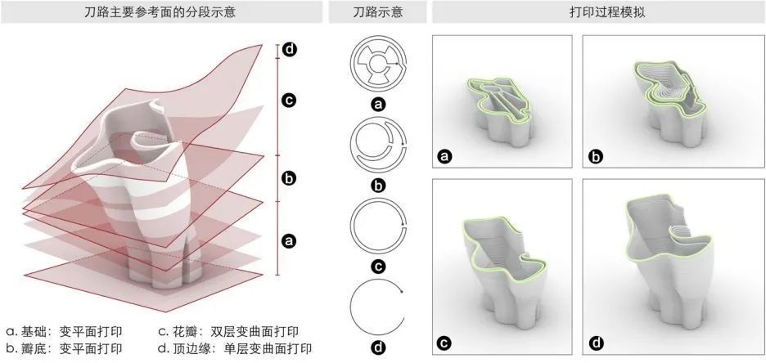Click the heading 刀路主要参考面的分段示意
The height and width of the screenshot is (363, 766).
click(160, 13)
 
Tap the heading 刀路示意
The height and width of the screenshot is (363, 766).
click(377, 13)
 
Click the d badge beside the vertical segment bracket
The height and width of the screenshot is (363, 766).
click(288, 50)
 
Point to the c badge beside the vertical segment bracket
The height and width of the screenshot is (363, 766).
click(288, 101)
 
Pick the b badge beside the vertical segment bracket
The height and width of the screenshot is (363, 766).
click(288, 178)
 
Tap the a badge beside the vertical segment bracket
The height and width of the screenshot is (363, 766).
click(288, 240)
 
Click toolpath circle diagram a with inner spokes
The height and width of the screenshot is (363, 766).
click(377, 64)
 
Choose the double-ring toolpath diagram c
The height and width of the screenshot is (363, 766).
click(377, 226)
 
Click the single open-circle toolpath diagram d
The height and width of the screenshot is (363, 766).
click(377, 307)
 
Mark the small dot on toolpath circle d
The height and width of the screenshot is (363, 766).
click(402, 290)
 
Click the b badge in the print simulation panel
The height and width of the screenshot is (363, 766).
click(596, 155)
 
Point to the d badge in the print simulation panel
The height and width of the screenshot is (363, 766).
click(596, 343)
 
